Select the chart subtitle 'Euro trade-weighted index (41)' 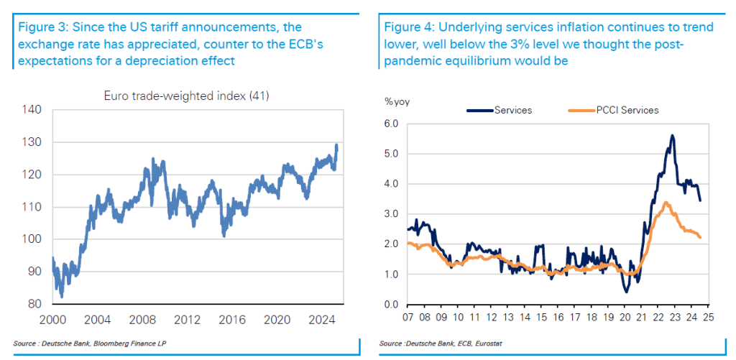186,96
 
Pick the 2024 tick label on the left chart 319,318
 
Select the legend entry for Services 507,110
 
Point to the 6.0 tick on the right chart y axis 391,123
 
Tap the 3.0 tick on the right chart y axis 391,213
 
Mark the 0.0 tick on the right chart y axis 391,304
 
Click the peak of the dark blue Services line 672,135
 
